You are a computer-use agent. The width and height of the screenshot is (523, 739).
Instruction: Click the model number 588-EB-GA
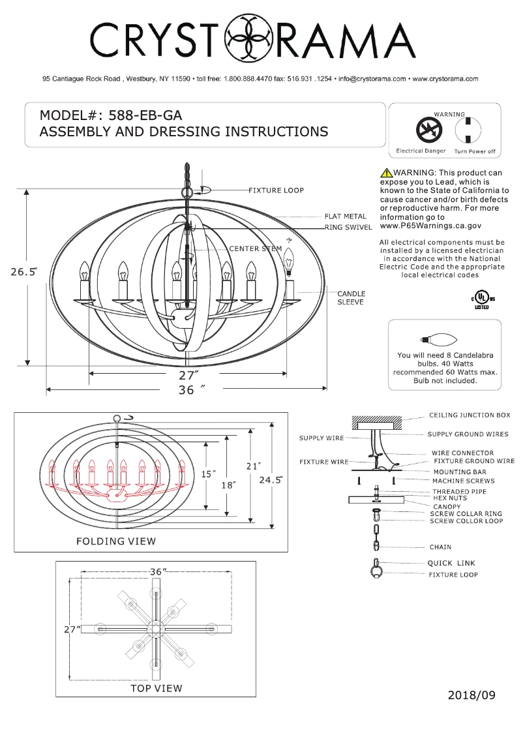pyautogui.click(x=145, y=115)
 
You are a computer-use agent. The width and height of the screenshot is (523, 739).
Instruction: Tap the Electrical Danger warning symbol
pyautogui.click(x=429, y=130)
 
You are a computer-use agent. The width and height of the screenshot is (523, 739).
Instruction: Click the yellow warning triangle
pyautogui.click(x=386, y=173)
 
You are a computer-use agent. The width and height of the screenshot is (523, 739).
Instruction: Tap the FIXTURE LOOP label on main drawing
pyautogui.click(x=276, y=190)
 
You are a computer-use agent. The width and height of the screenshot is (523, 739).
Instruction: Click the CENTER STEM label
pyautogui.click(x=256, y=249)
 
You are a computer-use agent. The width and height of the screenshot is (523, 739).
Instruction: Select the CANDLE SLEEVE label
pyautogui.click(x=351, y=298)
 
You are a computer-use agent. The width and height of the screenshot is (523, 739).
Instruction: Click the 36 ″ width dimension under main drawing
pyautogui.click(x=188, y=390)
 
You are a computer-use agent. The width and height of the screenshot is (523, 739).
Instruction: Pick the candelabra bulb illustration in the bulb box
pyautogui.click(x=441, y=339)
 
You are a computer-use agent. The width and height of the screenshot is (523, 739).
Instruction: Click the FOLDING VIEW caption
pyautogui.click(x=116, y=541)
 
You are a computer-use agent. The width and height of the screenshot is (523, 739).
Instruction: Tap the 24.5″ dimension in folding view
pyautogui.click(x=271, y=480)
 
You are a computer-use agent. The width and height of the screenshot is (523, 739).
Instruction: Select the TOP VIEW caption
pyautogui.click(x=156, y=688)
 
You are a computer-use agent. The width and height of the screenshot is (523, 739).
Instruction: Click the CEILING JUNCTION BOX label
pyautogui.click(x=470, y=415)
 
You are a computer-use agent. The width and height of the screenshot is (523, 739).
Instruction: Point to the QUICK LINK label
pyautogui.click(x=451, y=563)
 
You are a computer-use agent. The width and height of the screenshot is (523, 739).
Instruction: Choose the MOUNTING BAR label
pyautogui.click(x=455, y=471)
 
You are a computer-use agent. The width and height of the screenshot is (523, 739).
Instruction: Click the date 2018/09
pyautogui.click(x=471, y=695)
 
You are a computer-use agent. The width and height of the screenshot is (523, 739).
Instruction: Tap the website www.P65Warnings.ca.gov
pyautogui.click(x=430, y=226)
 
